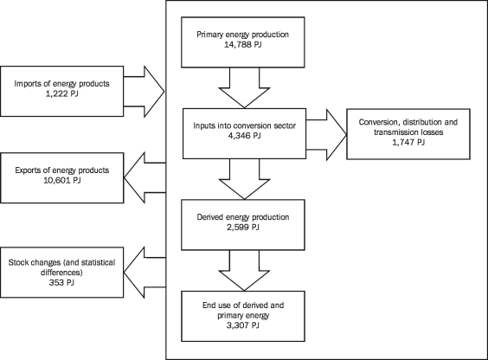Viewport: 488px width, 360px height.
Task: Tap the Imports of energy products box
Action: tap(62, 87)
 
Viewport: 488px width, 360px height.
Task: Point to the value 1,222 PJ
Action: tap(35, 93)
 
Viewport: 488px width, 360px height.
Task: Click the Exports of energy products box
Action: tap(62, 177)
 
